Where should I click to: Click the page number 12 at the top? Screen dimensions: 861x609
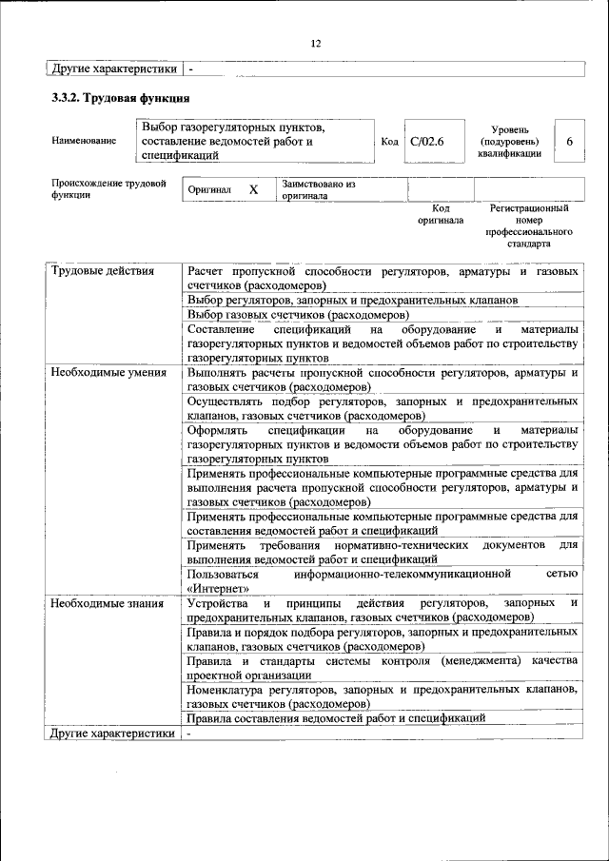point(316,43)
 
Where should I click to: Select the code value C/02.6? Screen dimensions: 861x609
point(427,141)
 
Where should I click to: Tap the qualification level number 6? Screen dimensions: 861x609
point(569,141)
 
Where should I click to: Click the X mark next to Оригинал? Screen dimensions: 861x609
point(253,189)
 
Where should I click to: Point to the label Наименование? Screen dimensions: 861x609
point(85,141)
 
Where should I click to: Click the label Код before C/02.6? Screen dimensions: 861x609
point(389,141)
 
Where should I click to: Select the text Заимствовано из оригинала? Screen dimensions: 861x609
point(318,189)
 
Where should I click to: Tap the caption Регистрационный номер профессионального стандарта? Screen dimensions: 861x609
point(529,225)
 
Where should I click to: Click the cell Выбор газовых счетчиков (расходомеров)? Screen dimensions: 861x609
point(299,314)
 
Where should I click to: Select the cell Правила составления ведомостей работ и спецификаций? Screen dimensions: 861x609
point(337,718)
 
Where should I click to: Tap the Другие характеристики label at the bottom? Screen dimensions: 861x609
point(112,734)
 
